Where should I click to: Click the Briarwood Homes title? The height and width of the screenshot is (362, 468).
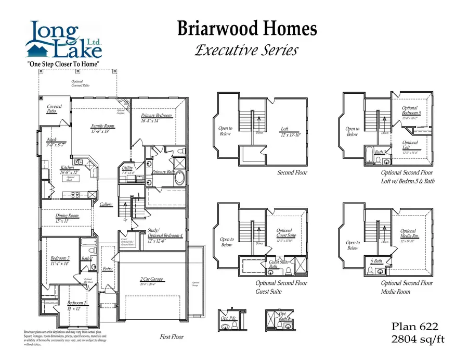247,29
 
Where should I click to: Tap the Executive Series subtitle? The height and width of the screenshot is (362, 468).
246,50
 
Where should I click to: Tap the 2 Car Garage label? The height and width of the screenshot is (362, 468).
151,279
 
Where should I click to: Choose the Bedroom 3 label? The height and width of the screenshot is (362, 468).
60,258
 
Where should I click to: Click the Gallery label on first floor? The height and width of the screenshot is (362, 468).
106,205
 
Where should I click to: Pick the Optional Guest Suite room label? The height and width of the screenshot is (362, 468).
284,233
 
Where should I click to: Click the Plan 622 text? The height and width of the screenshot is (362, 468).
415,327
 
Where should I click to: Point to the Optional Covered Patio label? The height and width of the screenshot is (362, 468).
80,83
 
